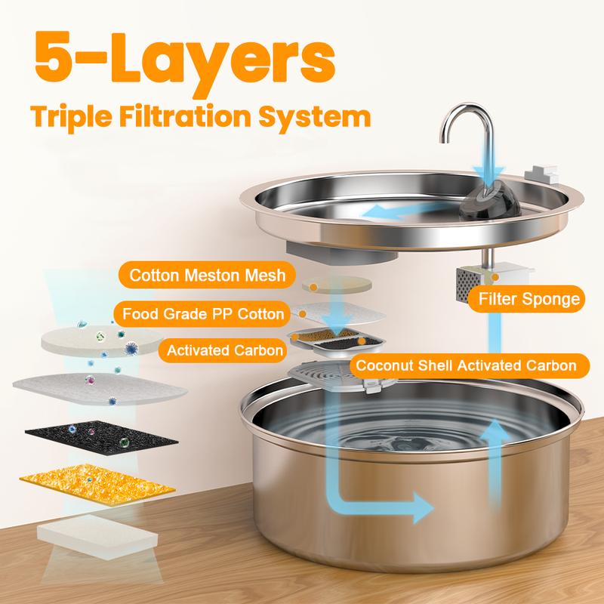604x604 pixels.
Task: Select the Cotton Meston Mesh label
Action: coord(208,276)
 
